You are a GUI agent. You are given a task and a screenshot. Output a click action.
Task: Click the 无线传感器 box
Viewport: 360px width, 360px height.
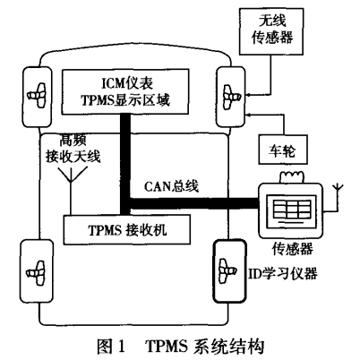click(271, 31)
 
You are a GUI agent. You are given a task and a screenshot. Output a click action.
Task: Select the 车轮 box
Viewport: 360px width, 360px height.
click(283, 150)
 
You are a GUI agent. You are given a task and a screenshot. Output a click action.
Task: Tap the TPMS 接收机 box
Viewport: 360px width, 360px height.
click(127, 229)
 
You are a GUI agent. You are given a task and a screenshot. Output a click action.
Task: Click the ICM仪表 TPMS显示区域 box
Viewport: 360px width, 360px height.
click(125, 91)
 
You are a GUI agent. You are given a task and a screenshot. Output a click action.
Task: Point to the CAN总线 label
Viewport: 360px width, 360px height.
click(171, 186)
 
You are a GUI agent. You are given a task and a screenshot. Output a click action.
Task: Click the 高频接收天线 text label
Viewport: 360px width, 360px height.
click(73, 149)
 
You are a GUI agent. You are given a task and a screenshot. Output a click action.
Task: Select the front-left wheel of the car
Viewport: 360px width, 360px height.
click(38, 97)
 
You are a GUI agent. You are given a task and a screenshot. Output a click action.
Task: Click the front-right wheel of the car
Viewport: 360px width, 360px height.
click(230, 97)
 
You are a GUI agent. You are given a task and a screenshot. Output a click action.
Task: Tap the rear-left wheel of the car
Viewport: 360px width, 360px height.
click(37, 271)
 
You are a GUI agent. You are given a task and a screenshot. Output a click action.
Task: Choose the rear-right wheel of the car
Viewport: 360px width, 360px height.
click(230, 271)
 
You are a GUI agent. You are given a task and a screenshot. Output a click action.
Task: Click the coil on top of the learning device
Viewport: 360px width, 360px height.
click(291, 176)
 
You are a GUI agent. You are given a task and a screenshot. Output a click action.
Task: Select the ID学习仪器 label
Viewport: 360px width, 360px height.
click(283, 272)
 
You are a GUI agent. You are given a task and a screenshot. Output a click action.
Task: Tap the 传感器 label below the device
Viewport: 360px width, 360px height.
click(292, 249)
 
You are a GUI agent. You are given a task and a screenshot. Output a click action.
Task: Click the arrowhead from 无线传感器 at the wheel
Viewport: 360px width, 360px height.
click(247, 95)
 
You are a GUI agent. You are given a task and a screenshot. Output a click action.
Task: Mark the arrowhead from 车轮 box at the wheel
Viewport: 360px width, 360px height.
click(247, 114)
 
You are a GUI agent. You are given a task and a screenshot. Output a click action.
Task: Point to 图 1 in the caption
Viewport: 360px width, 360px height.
click(111, 347)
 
